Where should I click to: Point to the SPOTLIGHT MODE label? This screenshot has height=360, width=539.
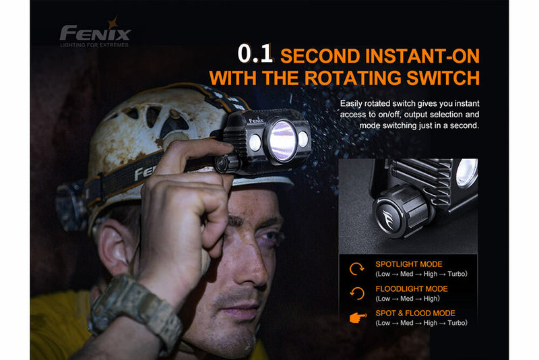click(x=409, y=264)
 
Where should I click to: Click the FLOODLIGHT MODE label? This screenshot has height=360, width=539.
click(x=411, y=289)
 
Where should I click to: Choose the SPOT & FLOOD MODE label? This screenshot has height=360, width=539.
click(x=414, y=313)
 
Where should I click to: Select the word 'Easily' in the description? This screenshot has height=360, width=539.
click(x=353, y=103)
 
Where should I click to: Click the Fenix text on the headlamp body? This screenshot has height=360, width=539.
click(x=255, y=121)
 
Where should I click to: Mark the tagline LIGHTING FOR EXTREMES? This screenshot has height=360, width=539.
click(x=94, y=46)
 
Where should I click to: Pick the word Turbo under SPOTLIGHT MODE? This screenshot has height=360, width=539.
click(x=454, y=274)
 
